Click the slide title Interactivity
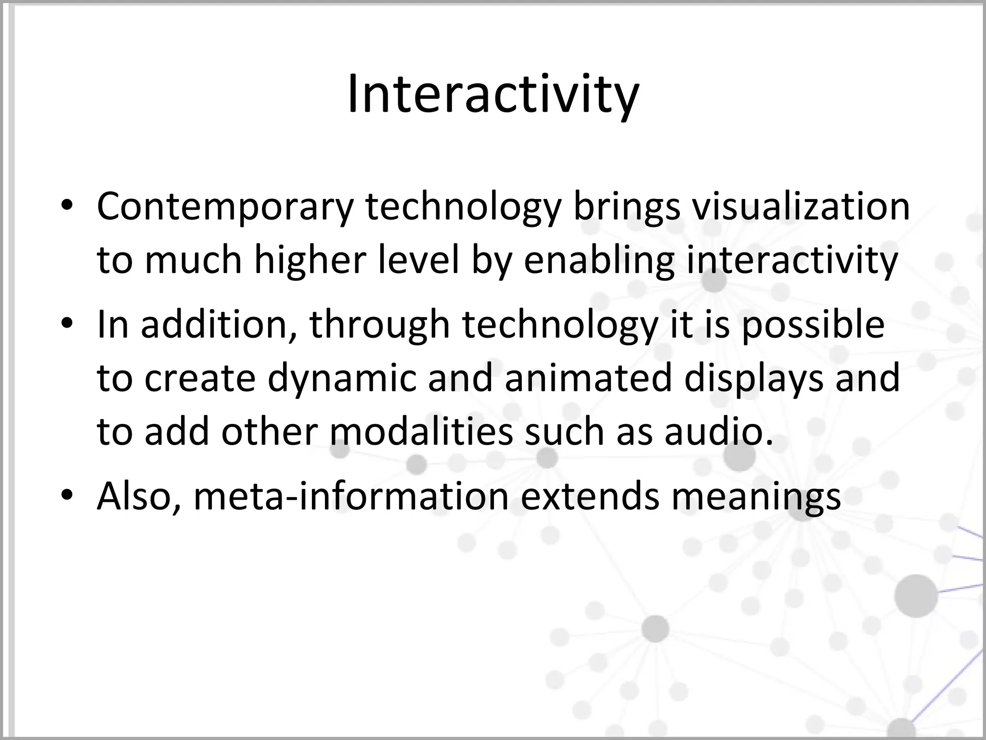pyautogui.click(x=493, y=94)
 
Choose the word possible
pyautogui.click(x=813, y=325)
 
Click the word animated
pyautogui.click(x=588, y=378)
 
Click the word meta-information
pyautogui.click(x=351, y=496)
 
